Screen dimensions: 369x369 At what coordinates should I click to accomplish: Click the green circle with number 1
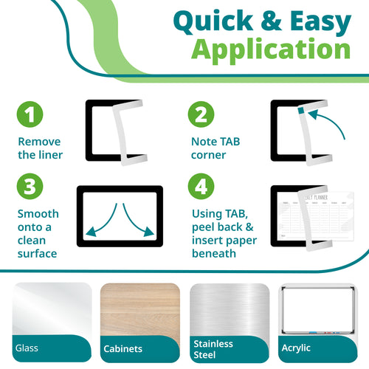(x=30, y=115)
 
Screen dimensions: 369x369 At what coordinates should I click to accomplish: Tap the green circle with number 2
(x=199, y=115)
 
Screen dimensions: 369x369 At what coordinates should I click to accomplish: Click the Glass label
(x=27, y=348)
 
